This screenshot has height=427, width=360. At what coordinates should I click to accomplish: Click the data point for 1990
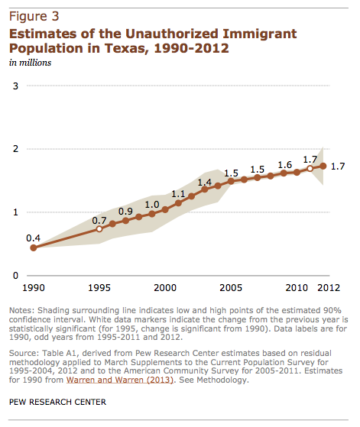click(x=33, y=247)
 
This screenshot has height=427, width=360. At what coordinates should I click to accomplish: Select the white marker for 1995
click(x=99, y=228)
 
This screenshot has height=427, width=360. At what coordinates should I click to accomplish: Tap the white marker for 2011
click(x=310, y=169)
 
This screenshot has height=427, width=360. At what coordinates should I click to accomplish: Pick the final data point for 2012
click(x=323, y=166)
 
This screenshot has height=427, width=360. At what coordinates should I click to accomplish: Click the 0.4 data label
click(x=33, y=238)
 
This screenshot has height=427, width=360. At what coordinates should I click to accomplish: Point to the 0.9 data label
click(x=125, y=212)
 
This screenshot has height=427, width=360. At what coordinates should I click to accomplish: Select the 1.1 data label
click(x=178, y=194)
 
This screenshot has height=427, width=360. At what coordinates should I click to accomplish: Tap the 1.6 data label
click(x=285, y=165)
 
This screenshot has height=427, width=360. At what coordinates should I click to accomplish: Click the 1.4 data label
click(x=205, y=183)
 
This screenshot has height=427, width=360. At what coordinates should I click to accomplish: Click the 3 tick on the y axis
click(x=15, y=86)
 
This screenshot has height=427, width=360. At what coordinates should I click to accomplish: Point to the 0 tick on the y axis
click(x=15, y=276)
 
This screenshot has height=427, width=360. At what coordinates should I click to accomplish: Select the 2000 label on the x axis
click(x=165, y=287)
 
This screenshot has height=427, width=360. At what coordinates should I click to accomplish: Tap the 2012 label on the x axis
click(x=329, y=287)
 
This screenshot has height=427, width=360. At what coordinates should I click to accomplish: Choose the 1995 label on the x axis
click(x=99, y=287)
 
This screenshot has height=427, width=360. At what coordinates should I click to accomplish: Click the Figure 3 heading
click(x=34, y=16)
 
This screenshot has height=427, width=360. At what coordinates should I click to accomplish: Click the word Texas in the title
click(x=126, y=48)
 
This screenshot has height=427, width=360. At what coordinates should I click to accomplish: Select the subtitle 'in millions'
click(x=31, y=63)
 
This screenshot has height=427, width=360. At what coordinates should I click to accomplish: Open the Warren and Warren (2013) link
click(x=120, y=380)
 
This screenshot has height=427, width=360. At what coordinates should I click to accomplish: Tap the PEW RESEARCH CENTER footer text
click(x=57, y=402)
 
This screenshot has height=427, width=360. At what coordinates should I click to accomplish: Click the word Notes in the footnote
click(x=22, y=310)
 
